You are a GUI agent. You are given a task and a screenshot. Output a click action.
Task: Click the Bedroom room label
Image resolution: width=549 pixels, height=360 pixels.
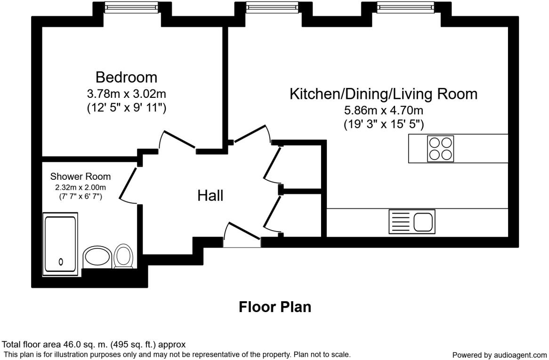pos(126,77)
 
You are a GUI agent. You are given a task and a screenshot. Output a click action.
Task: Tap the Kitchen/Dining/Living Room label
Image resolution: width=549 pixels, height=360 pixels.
pos(383,94)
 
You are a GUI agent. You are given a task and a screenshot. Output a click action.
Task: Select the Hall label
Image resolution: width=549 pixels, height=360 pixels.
pos(210,195)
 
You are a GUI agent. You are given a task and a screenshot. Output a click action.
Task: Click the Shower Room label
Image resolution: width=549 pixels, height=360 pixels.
pos(81,176)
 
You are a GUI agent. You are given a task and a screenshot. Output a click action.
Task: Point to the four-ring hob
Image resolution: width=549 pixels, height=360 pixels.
pos(441,149)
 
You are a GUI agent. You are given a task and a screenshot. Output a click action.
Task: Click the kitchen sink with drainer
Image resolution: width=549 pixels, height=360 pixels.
pos(412,222)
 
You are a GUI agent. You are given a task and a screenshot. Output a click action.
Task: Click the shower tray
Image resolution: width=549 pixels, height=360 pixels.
pos(60,243)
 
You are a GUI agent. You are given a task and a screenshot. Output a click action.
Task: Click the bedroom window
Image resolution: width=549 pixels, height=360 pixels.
pos(131,7)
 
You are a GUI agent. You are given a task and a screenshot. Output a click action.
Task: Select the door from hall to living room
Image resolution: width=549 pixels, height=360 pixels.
pos(252,134)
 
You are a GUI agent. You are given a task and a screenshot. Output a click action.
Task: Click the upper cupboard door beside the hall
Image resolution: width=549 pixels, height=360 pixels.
pos(272,164)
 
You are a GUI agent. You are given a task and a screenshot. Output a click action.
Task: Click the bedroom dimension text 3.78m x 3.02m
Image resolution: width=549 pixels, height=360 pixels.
pos(126,93)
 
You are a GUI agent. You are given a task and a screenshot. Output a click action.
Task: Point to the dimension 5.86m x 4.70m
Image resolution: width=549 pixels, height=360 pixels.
pos(383,111)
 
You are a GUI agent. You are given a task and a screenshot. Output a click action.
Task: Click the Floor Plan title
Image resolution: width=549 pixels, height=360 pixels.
pos(275,307)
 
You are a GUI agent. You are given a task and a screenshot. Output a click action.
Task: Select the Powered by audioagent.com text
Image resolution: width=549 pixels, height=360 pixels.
pos(500,355)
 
